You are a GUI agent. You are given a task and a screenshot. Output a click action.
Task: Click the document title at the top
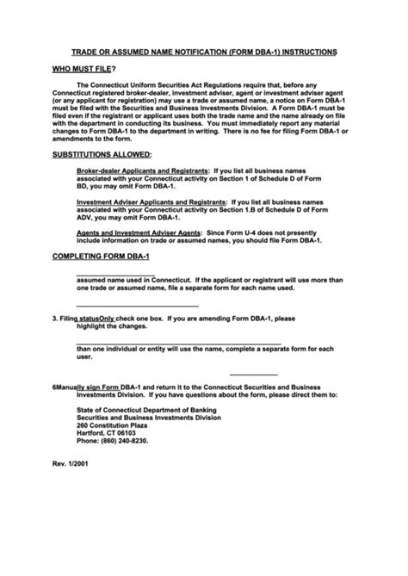(x=203, y=53)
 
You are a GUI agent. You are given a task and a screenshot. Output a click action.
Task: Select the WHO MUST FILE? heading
(x=84, y=69)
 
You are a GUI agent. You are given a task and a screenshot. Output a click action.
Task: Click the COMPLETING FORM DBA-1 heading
(x=102, y=257)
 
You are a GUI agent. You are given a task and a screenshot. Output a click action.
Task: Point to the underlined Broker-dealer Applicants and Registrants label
(x=142, y=170)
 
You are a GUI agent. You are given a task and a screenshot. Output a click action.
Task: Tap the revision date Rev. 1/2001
(x=70, y=465)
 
